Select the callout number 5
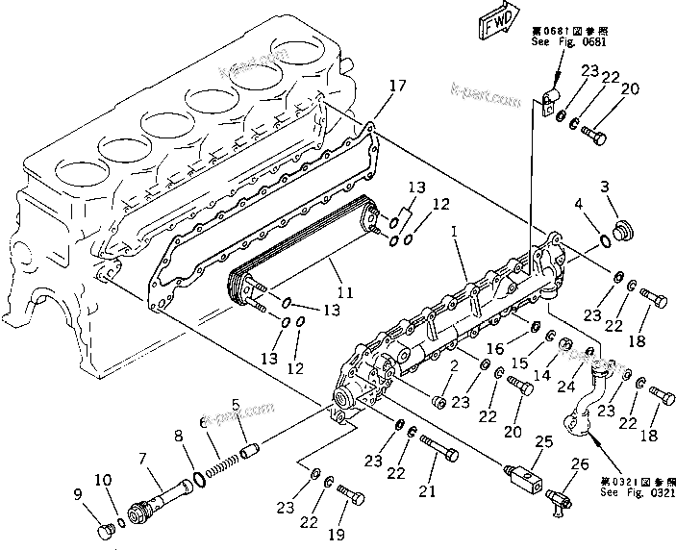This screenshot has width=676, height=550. (x=236, y=403)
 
